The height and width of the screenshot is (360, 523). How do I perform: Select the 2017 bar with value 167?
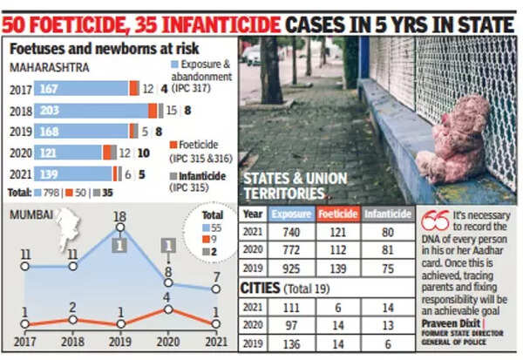83,88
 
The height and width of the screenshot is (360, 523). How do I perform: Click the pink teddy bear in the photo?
454,139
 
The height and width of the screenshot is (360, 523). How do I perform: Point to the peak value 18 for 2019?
121,215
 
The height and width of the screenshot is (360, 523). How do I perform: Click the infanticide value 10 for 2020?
143,153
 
